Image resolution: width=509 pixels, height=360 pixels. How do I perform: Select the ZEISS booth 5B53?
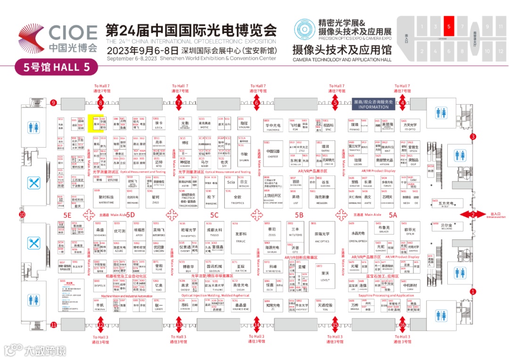[x=271, y=231]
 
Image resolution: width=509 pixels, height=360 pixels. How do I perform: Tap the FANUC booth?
[x=241, y=237]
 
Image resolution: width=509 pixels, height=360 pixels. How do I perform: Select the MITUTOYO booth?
[x=296, y=231]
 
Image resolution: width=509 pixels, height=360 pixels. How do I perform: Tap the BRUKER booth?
[x=383, y=229]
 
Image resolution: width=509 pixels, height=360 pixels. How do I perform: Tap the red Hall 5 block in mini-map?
[x=449, y=26]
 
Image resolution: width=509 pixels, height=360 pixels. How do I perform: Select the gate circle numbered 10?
[x=22, y=214]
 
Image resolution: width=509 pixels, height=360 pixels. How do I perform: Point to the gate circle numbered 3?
[x=473, y=137]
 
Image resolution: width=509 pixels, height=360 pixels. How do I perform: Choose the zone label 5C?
[x=214, y=215]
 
